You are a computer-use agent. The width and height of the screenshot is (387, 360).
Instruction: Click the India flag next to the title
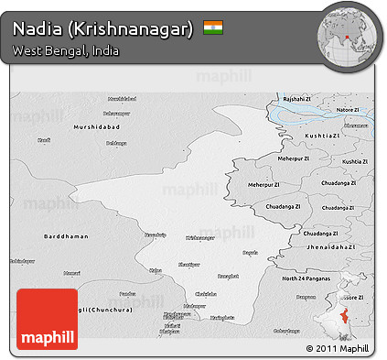pos(212,27)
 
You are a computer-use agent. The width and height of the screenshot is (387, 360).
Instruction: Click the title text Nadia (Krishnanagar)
pos(103,29)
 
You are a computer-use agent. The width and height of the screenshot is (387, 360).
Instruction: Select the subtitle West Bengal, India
pos(66,50)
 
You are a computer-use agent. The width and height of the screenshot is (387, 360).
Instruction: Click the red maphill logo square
pos(48,318)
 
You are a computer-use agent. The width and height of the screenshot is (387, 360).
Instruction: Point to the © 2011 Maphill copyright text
pos(338,348)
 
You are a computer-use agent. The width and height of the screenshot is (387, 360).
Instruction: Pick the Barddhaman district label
pos(65,236)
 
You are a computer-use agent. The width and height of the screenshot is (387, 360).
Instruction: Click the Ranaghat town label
pos(226,275)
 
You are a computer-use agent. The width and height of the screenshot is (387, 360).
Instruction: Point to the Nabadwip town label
pos(156,235)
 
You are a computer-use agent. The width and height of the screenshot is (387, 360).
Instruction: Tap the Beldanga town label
pos(116,143)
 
